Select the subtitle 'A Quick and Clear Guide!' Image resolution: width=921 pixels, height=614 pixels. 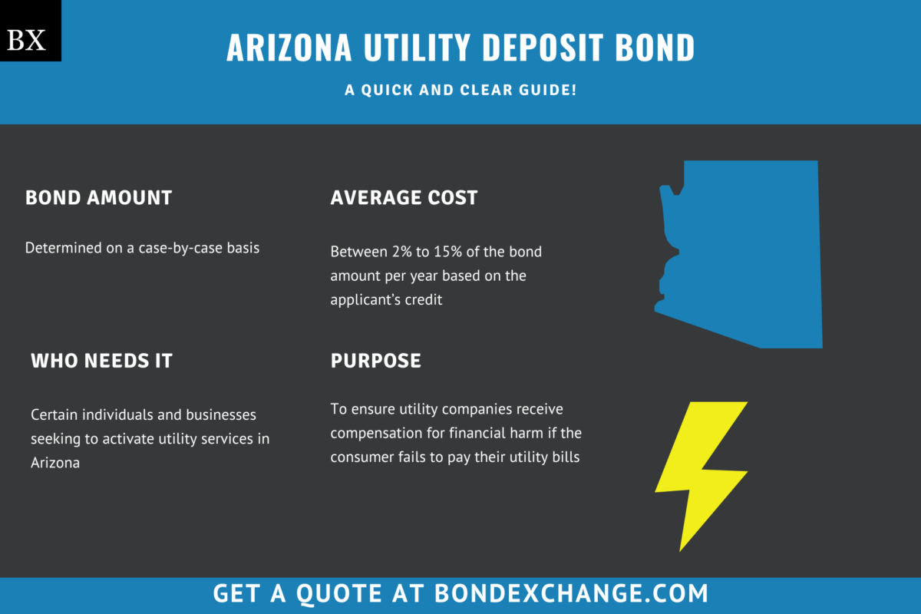[x=460, y=90]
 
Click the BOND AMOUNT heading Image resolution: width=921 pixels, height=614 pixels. [x=98, y=197]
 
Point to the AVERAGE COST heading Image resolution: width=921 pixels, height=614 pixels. [x=404, y=197]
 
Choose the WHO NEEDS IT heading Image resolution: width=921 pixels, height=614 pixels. [x=101, y=361]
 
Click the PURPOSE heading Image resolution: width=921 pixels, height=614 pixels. [x=375, y=361]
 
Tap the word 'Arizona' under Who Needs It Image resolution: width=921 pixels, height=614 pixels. [x=55, y=464]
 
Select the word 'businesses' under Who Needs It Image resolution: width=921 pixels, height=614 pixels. [x=222, y=414]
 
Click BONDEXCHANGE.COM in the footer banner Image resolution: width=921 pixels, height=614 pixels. [x=571, y=593]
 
